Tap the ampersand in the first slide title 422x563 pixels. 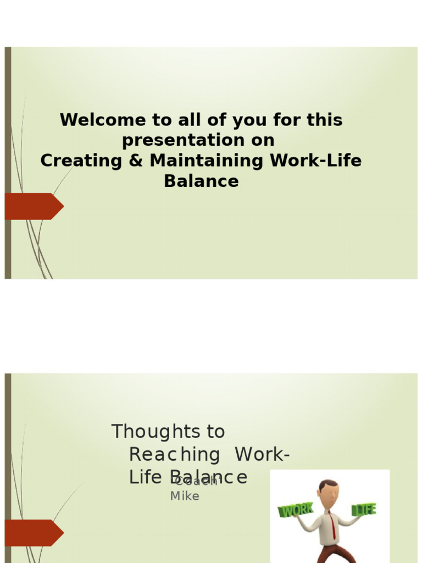click(137, 161)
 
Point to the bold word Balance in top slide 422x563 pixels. click(201, 181)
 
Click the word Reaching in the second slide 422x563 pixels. click(174, 455)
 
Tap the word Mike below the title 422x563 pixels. click(185, 496)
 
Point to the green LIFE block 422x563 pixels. click(364, 509)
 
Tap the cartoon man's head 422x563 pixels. click(329, 494)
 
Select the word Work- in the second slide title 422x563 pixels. click(262, 455)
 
